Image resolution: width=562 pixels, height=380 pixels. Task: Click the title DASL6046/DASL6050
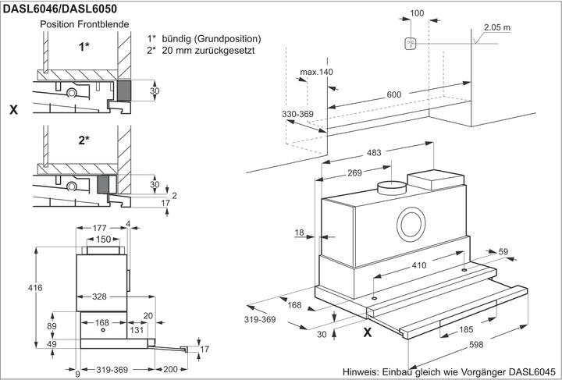tap(60, 9)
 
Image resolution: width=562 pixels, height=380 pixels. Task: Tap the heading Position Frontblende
tap(84, 24)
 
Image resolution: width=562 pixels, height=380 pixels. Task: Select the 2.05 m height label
tap(497, 27)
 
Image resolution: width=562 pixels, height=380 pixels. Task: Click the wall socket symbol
tap(411, 44)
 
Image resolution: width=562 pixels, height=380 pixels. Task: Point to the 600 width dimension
tap(394, 94)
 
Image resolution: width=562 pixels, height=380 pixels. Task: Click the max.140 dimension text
tap(316, 72)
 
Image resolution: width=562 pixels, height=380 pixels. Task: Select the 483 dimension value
tap(374, 153)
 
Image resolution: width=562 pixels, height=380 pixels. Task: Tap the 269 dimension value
tap(355, 172)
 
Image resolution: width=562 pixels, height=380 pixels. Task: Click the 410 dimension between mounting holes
tap(418, 265)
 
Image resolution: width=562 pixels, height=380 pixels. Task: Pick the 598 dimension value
tap(476, 345)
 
